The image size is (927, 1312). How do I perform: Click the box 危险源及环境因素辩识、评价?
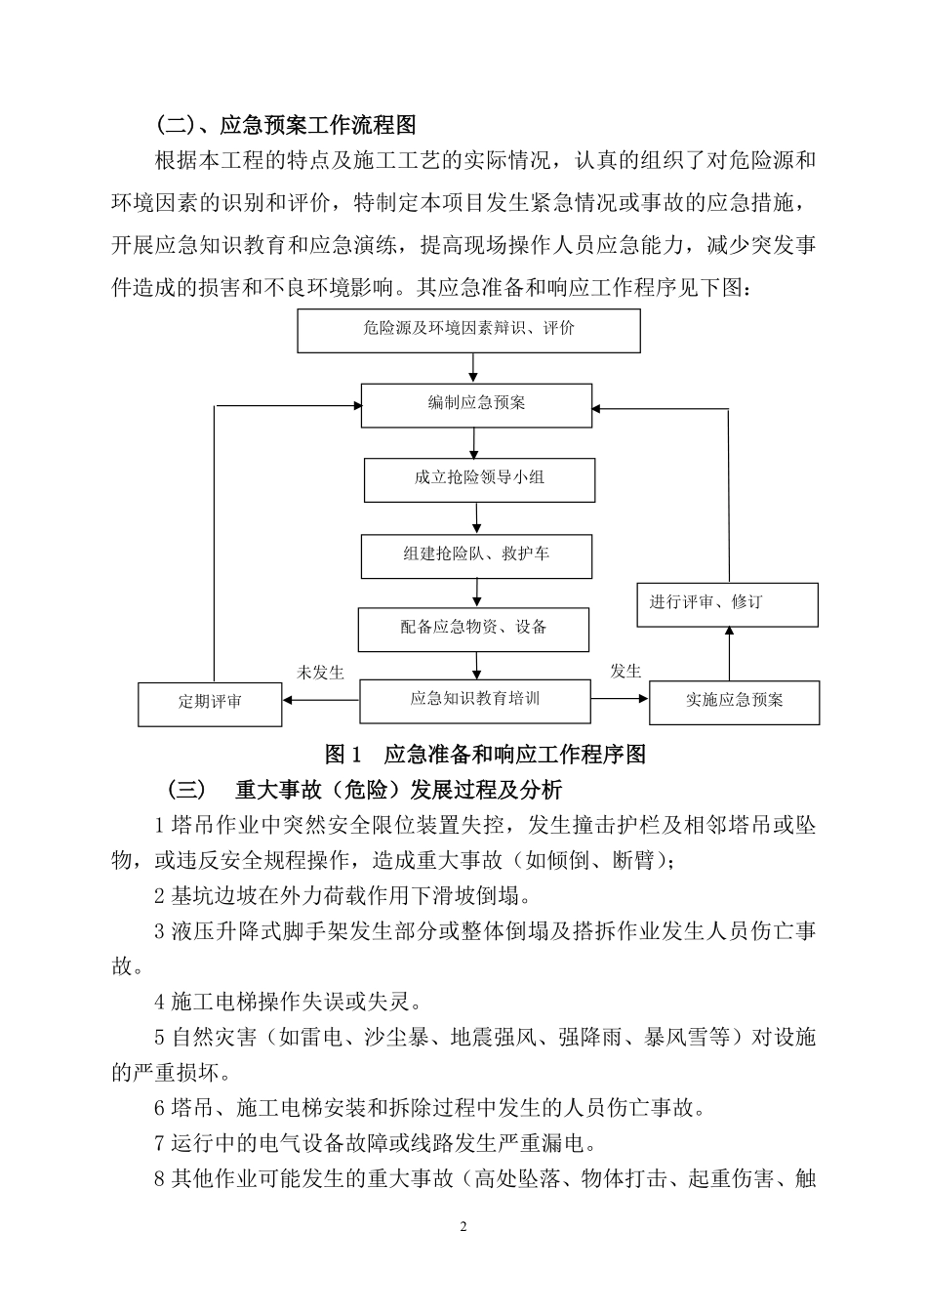point(468,330)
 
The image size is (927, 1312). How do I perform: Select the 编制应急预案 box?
point(476,404)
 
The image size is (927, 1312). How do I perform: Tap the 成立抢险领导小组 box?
point(479,479)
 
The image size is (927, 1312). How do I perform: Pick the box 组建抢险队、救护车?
point(476,555)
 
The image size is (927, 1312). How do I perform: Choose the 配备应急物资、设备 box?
point(473,629)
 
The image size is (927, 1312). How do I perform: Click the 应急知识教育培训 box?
point(475,700)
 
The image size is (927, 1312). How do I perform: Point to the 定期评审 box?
point(210,703)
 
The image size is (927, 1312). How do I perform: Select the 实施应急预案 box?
point(734,702)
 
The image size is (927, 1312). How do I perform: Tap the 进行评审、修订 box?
point(727,604)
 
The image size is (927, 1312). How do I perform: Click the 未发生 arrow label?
point(320,673)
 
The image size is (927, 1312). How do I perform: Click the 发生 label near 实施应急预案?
point(625,671)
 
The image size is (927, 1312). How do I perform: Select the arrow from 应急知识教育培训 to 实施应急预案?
point(620,699)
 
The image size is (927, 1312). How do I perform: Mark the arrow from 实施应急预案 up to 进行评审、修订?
point(729,653)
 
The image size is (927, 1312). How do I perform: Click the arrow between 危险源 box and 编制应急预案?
point(473,367)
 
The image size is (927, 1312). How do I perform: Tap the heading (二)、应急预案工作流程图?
point(285,125)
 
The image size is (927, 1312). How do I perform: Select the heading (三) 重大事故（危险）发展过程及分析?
point(364,789)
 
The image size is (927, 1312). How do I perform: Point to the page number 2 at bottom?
point(463,1226)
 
